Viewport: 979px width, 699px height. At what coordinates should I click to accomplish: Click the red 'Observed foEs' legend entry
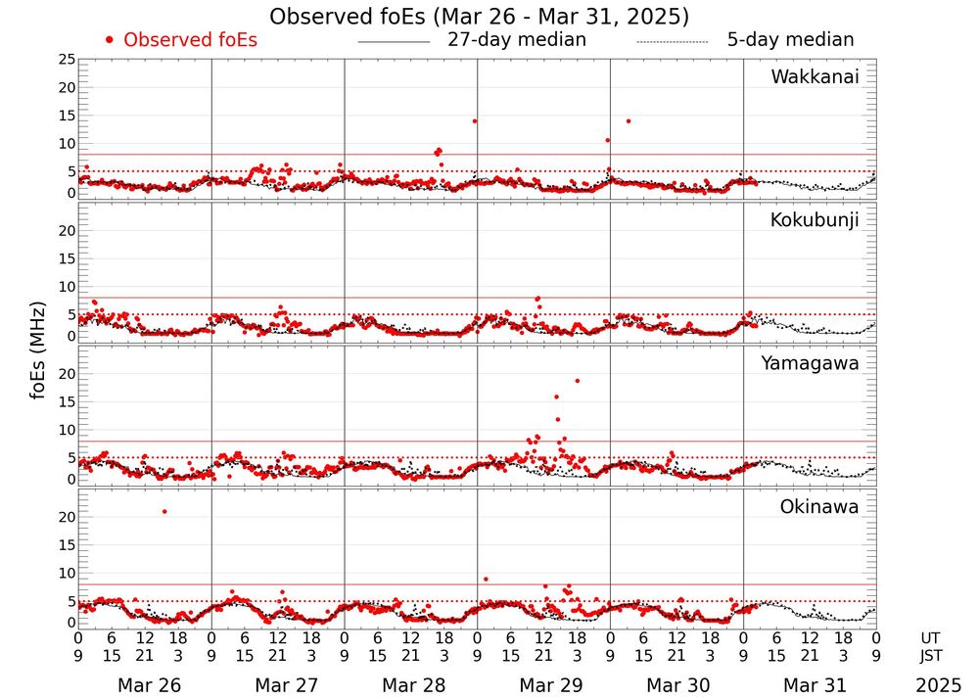(x=182, y=40)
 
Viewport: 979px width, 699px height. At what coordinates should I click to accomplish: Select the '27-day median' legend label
(x=516, y=40)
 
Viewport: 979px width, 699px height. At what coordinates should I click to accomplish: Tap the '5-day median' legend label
(x=790, y=40)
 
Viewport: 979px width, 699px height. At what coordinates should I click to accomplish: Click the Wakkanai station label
(x=815, y=77)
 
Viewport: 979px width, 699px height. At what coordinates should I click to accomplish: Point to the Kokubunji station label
(x=815, y=220)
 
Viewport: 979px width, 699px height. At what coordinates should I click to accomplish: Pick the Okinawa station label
(x=818, y=507)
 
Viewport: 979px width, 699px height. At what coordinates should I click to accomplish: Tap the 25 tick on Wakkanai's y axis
(x=66, y=60)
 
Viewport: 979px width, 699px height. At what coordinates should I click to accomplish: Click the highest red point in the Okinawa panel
(x=164, y=511)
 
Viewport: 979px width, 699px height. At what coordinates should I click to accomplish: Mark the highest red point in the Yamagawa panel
(x=578, y=381)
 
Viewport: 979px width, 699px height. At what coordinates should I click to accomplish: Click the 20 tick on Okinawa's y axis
(x=66, y=516)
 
